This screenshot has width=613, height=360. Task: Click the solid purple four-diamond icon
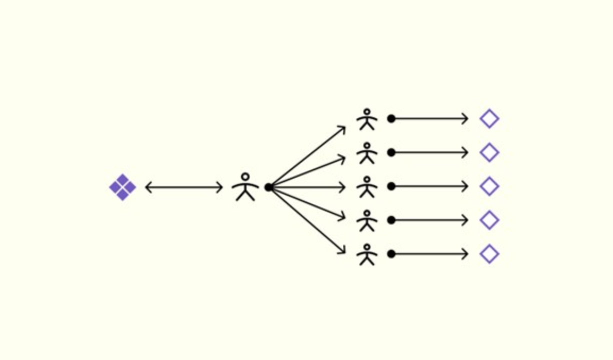tap(122, 187)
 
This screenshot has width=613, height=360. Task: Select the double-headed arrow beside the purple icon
tap(183, 187)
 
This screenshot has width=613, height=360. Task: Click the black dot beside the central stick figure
tap(269, 187)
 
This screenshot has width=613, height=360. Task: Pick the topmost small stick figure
tap(367, 119)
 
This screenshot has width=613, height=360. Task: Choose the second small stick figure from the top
tap(367, 153)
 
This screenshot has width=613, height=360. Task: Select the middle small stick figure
tap(367, 186)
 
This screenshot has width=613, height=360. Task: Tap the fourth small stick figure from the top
tap(367, 220)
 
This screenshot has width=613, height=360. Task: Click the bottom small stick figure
tap(367, 254)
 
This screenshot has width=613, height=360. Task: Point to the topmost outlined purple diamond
tap(489, 119)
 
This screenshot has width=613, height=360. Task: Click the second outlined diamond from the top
tap(489, 152)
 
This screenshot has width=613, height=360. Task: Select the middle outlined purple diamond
tap(489, 186)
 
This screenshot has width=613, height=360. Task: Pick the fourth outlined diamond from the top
tap(489, 220)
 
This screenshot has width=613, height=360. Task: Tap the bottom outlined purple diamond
tap(489, 254)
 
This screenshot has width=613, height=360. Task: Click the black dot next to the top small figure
tap(391, 118)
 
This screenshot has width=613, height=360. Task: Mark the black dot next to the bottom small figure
tap(391, 254)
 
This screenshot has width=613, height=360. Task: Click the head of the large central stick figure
tap(245, 176)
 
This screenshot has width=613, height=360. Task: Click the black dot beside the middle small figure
tap(391, 186)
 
